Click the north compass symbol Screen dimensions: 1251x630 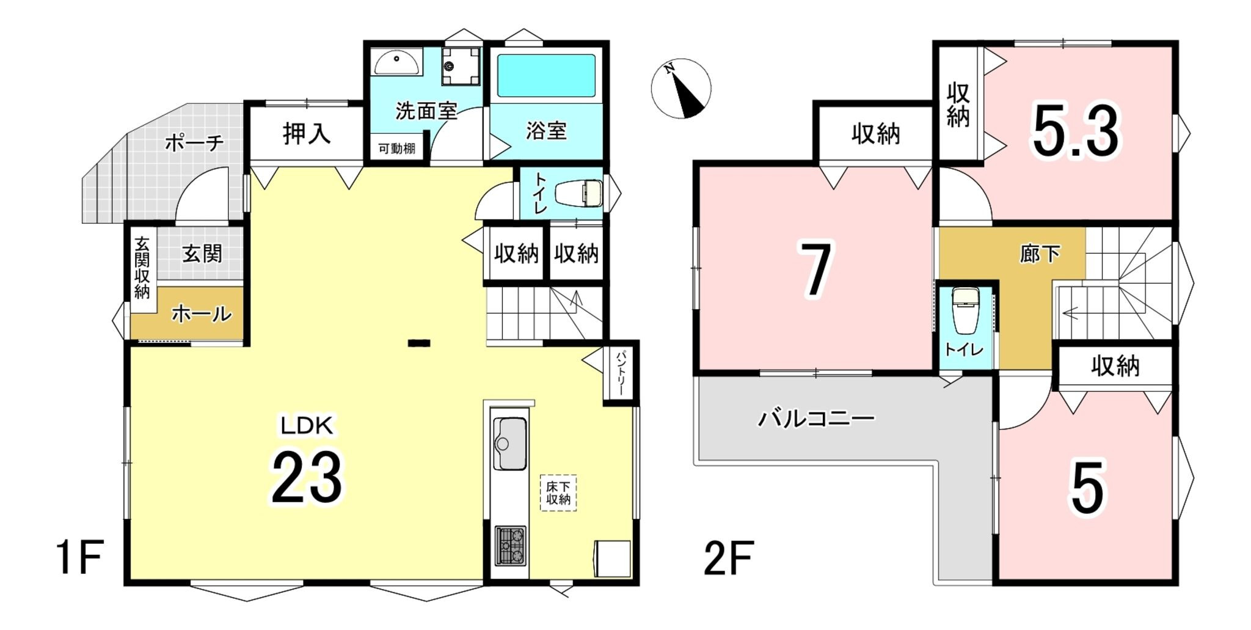pyautogui.click(x=680, y=88)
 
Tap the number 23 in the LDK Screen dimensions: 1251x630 pyautogui.click(x=307, y=477)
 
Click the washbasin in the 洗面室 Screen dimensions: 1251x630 pyautogui.click(x=397, y=62)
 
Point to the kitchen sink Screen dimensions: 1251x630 pyautogui.click(x=509, y=443)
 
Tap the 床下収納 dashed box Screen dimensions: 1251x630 pyautogui.click(x=558, y=493)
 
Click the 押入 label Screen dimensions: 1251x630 pyautogui.click(x=307, y=133)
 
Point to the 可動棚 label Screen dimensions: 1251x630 pyautogui.click(x=397, y=148)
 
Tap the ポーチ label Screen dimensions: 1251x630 pyautogui.click(x=194, y=143)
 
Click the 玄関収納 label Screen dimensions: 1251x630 pyautogui.click(x=142, y=268)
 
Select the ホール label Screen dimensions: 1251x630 pyautogui.click(x=202, y=314)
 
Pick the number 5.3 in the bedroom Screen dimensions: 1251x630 pyautogui.click(x=1076, y=130)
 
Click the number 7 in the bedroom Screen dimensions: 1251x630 pyautogui.click(x=817, y=269)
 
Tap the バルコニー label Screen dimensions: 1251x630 pyautogui.click(x=817, y=419)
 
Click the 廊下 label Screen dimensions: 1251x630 pyautogui.click(x=1040, y=254)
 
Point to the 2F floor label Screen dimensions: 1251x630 pyautogui.click(x=729, y=558)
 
